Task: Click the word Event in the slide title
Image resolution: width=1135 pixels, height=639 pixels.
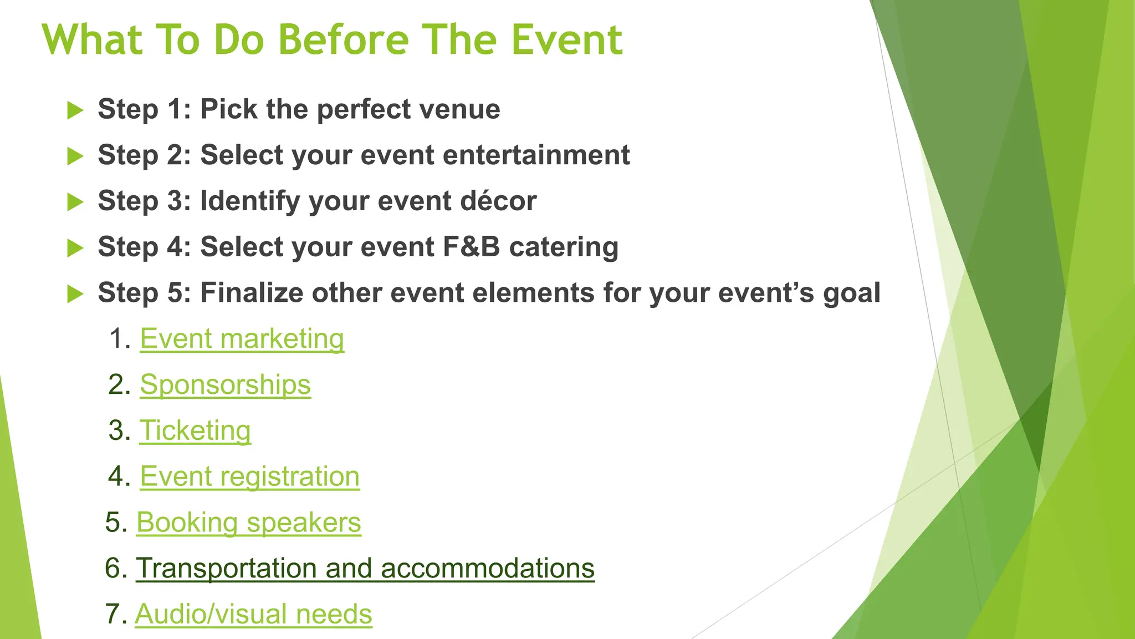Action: click(x=566, y=40)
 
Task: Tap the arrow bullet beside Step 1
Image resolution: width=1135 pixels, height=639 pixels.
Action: click(x=75, y=110)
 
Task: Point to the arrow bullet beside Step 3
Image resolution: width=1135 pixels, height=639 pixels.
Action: click(x=75, y=202)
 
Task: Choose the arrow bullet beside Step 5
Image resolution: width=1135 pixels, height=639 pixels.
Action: click(x=75, y=293)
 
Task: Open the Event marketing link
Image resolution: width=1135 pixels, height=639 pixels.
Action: click(x=242, y=339)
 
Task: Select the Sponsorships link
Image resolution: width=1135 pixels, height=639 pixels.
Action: click(x=225, y=385)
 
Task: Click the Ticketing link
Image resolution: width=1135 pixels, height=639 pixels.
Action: click(x=195, y=431)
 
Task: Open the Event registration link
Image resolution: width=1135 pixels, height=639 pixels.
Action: click(x=249, y=477)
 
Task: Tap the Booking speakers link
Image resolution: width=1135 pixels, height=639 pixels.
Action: click(x=248, y=523)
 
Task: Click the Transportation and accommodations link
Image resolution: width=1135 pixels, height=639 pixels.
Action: click(x=365, y=569)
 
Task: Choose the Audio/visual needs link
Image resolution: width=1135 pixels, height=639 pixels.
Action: click(x=253, y=615)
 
